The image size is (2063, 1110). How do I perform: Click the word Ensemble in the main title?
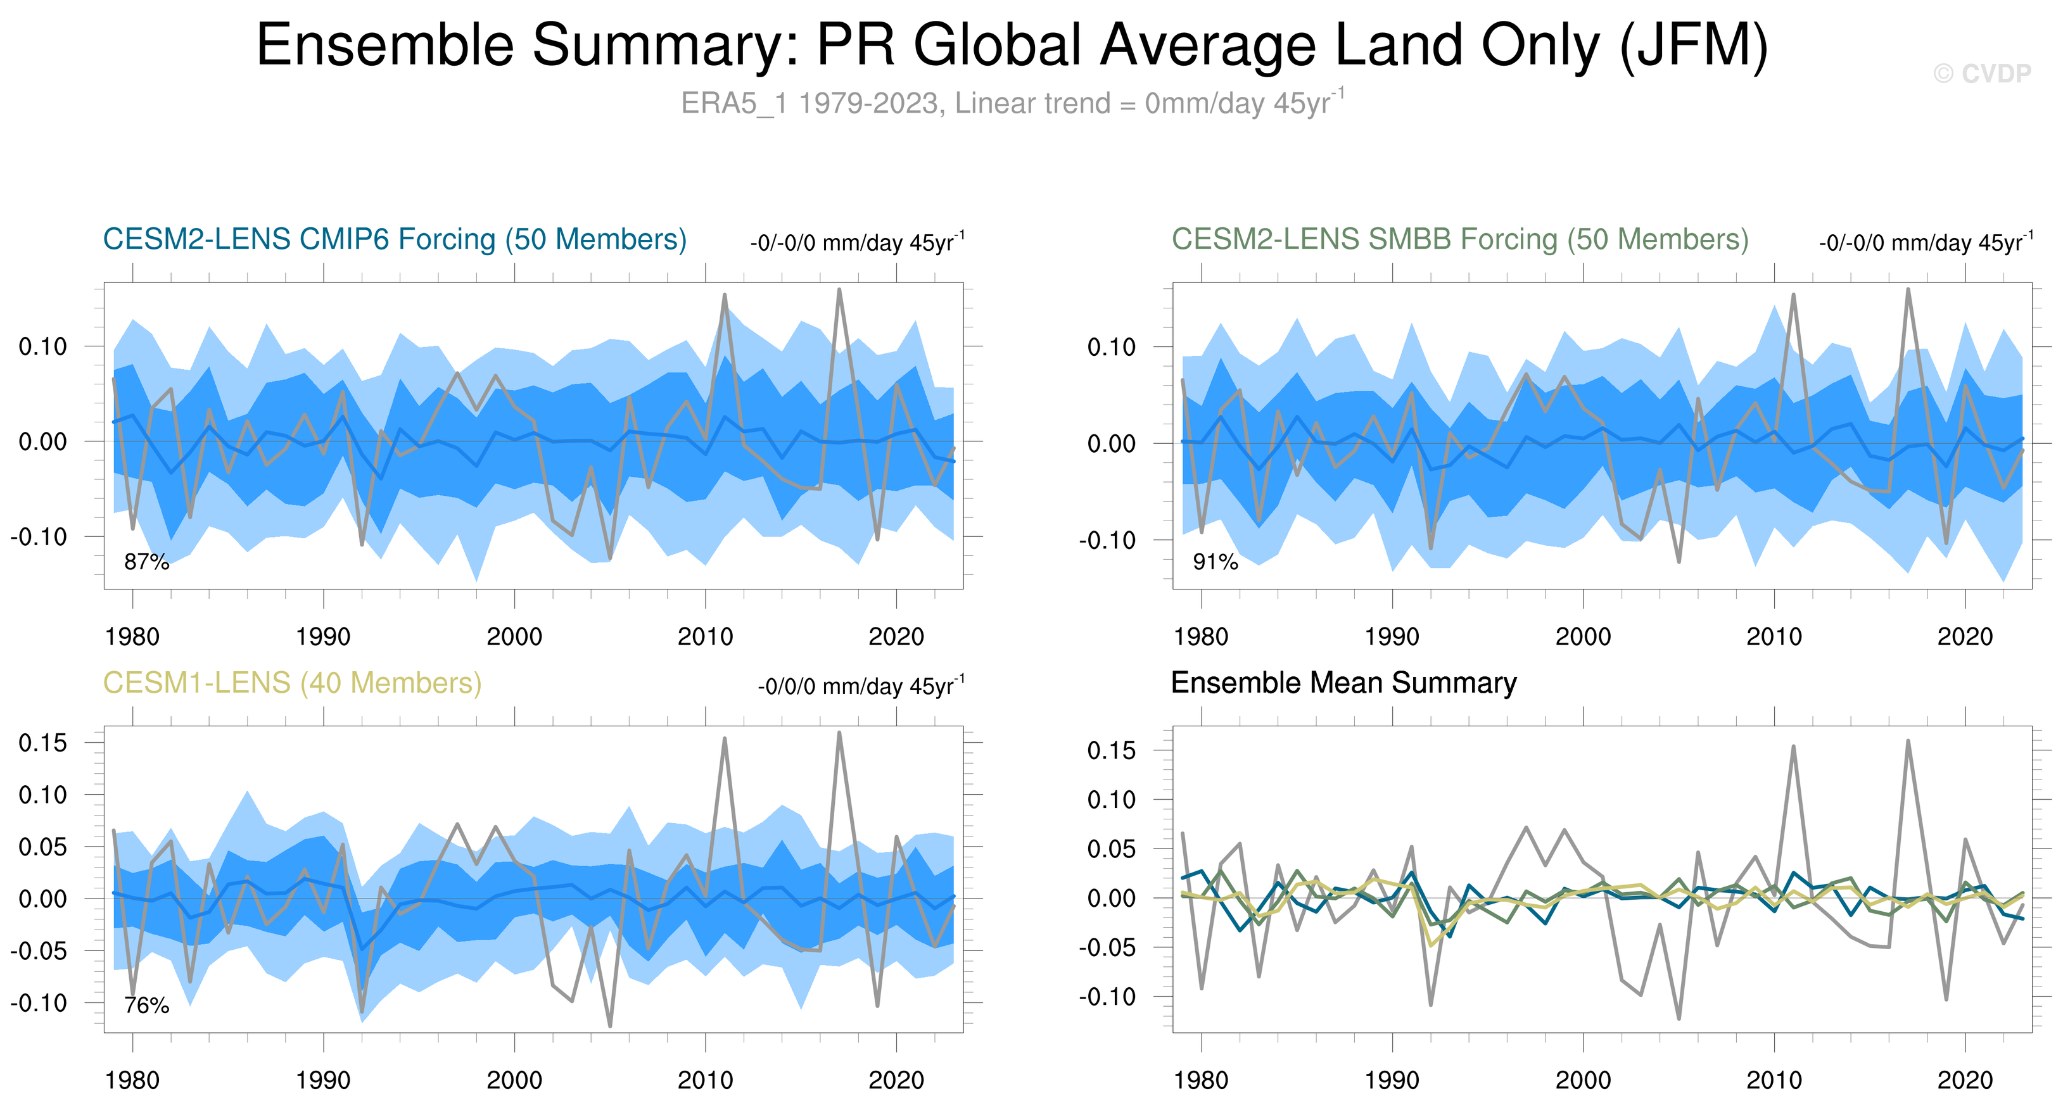(384, 45)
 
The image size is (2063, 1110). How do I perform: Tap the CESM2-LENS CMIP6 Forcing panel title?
(395, 239)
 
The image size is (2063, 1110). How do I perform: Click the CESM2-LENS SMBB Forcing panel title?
(1459, 239)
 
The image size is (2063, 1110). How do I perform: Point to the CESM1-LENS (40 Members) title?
(292, 683)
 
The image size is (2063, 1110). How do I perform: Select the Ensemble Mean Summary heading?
(1343, 683)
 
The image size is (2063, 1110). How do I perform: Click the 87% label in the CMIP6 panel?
(146, 562)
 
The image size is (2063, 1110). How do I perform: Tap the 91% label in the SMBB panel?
(1215, 562)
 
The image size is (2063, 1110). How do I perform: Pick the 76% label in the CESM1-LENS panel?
(146, 1006)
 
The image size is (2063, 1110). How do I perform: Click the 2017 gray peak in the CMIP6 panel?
(839, 290)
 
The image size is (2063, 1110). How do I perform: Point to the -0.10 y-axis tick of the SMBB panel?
(1106, 541)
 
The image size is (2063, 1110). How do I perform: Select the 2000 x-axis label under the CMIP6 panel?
(514, 637)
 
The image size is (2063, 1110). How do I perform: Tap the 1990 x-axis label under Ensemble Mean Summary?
(1392, 1080)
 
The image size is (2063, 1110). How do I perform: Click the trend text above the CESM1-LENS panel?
(861, 686)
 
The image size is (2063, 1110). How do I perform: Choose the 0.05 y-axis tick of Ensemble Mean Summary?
(1112, 849)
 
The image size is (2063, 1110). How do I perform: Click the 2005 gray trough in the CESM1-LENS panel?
(610, 1025)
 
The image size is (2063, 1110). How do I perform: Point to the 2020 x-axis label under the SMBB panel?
(1964, 637)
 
